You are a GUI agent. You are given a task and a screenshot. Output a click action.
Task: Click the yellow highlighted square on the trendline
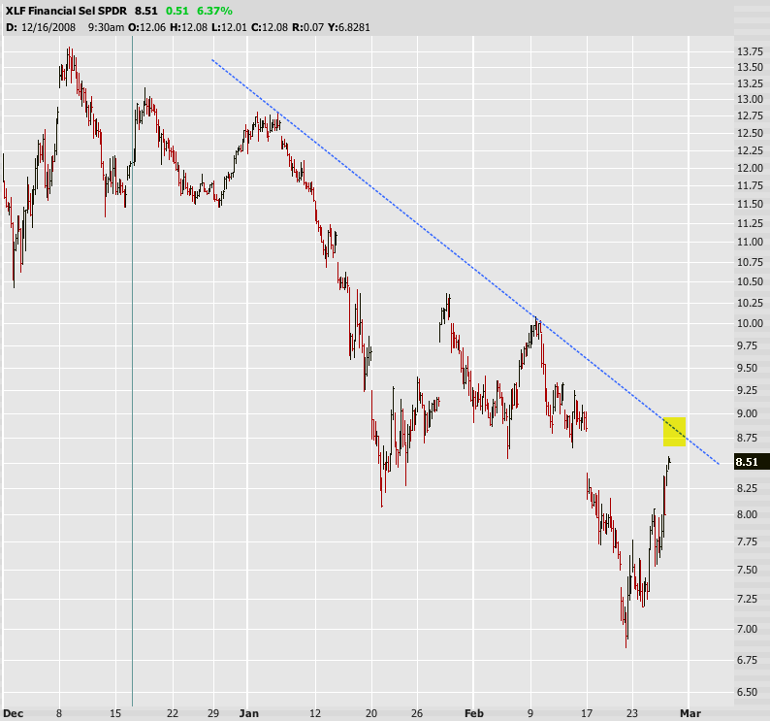tap(675, 431)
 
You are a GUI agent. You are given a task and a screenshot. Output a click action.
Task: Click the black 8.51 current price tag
tap(746, 462)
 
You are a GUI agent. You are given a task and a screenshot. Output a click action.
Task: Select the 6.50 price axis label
tap(746, 692)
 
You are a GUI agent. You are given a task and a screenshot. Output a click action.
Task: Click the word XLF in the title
tap(17, 11)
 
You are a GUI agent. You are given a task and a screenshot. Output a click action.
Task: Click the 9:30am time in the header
tap(106, 26)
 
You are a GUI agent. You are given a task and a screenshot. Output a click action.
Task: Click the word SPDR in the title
tap(112, 11)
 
